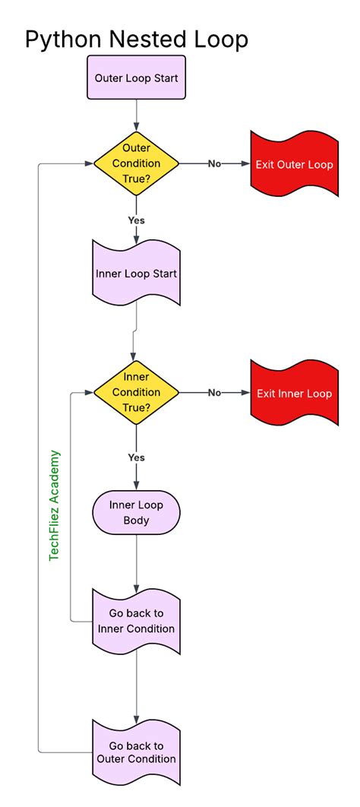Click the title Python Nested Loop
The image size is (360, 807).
(x=137, y=39)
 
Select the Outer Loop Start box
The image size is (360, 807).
(x=137, y=78)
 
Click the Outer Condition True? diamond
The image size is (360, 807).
(x=137, y=163)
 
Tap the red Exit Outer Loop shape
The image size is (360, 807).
(x=294, y=164)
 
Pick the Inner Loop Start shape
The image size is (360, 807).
(x=137, y=273)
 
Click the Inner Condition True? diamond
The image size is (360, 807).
(x=137, y=392)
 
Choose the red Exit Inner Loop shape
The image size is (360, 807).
(x=294, y=393)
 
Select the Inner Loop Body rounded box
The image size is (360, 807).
(x=137, y=512)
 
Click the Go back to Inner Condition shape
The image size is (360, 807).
(x=137, y=620)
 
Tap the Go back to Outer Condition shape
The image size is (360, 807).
(x=137, y=752)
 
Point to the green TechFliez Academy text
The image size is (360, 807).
(x=55, y=505)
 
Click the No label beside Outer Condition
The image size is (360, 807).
(x=215, y=164)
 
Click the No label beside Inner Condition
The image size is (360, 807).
(x=215, y=393)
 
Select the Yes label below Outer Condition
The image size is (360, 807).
(x=137, y=220)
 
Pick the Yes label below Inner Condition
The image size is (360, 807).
(x=137, y=457)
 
